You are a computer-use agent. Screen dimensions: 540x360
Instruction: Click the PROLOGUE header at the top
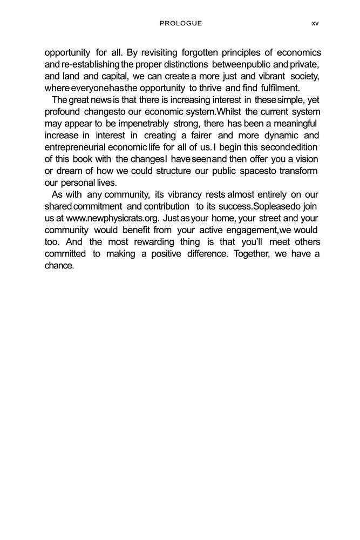181,23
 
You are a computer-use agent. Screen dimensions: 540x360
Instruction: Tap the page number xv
315,23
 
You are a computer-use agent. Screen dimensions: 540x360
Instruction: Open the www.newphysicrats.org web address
112,219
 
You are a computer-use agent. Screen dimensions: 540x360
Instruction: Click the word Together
252,254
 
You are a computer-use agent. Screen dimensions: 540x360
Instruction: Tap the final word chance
59,266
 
